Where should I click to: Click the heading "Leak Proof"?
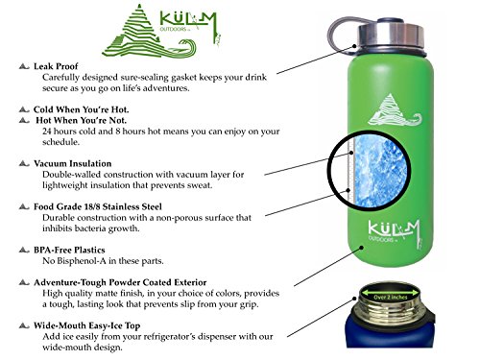[56, 66]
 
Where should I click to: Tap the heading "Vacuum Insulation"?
[73, 163]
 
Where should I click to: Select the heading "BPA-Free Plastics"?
[69, 250]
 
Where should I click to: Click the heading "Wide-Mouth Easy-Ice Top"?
[87, 325]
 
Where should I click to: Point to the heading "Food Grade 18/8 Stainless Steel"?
[98, 206]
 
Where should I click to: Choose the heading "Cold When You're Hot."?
[82, 109]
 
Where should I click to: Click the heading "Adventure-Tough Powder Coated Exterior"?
[120, 282]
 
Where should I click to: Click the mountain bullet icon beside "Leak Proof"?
[24, 66]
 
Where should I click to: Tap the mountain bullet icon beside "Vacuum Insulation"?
[24, 163]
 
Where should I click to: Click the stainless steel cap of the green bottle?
[391, 36]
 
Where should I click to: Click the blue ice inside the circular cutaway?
[381, 170]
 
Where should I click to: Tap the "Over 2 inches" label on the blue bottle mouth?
[391, 298]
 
